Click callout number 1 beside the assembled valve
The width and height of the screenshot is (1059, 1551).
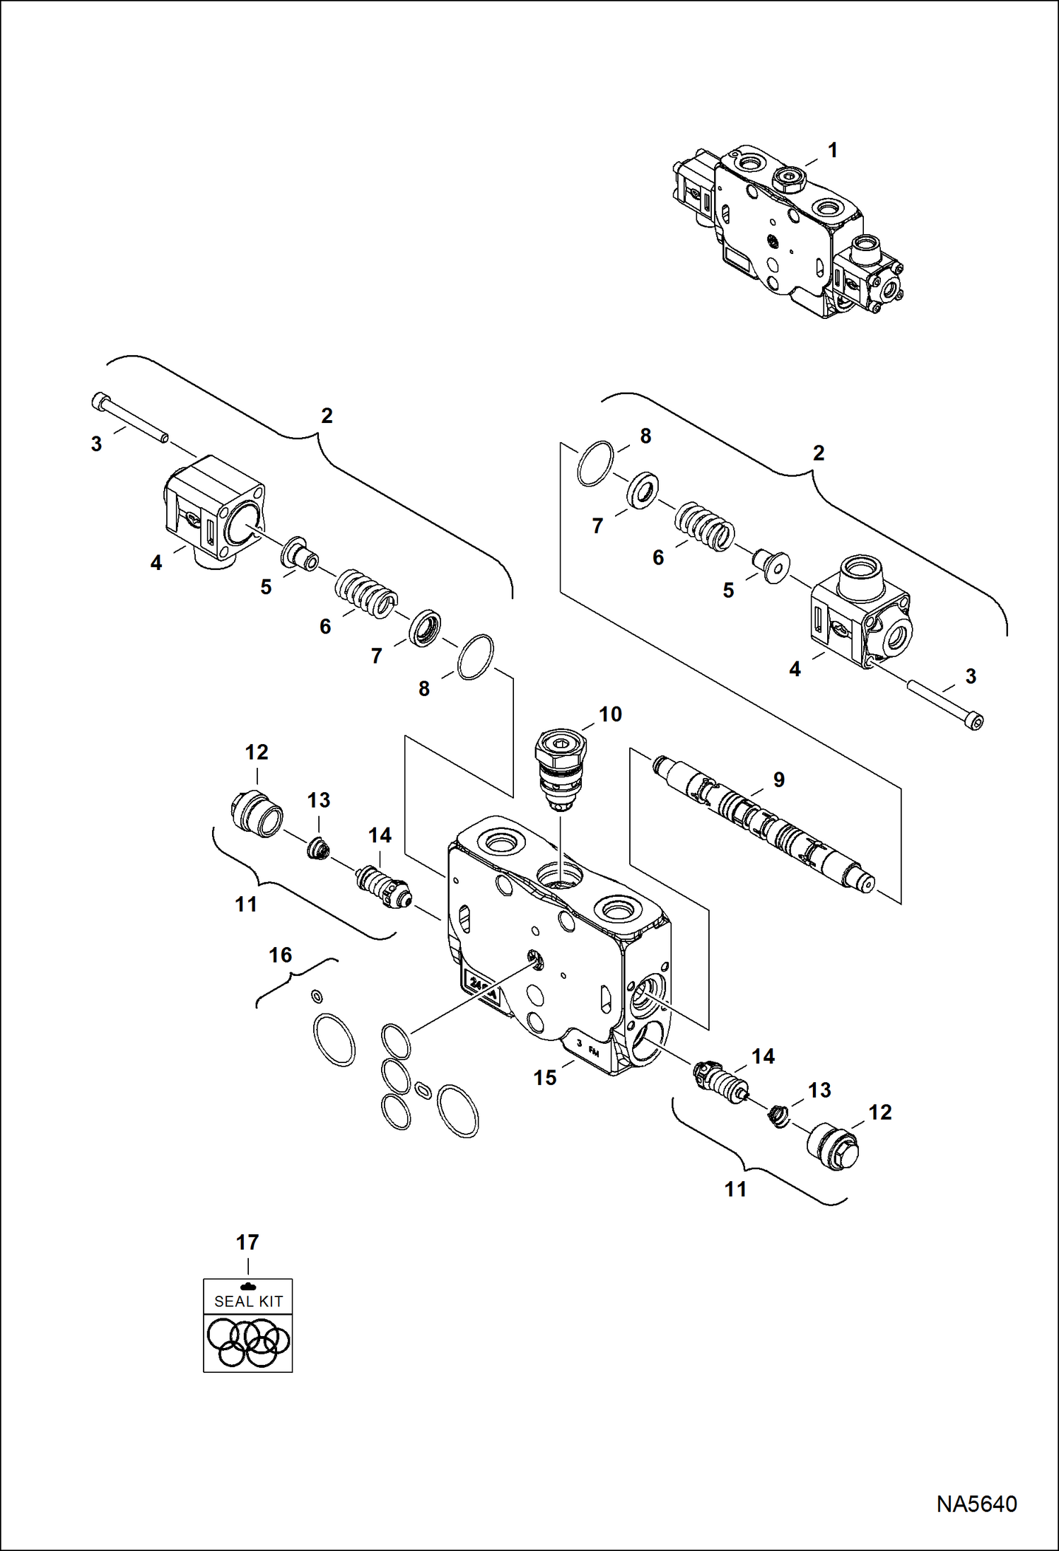coord(832,150)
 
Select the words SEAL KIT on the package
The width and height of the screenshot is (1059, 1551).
coord(248,1301)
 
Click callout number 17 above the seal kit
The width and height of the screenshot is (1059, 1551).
coord(247,1243)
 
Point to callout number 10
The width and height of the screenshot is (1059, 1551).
coord(610,714)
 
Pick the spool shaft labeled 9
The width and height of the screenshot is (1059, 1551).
coord(763,820)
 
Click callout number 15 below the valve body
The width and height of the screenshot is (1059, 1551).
coord(545,1077)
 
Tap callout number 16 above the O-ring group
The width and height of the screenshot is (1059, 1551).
coord(280,955)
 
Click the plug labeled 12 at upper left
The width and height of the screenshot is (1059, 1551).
coord(256,813)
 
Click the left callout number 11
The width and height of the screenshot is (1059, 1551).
coord(246,904)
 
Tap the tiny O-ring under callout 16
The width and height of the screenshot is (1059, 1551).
coord(317,997)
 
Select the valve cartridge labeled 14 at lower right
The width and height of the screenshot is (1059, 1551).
coord(720,1077)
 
